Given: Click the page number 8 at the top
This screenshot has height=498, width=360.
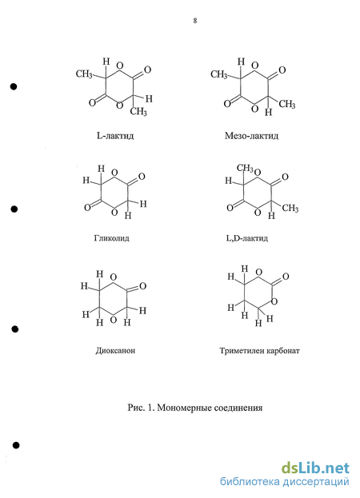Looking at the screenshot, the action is coord(194,21).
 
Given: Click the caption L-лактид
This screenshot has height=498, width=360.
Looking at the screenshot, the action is coord(115,136).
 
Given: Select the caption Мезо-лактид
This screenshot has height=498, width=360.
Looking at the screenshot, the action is coord(251,136).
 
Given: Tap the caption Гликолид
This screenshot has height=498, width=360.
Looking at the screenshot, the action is coord(111,238).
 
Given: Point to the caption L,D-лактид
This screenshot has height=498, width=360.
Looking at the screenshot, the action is coord(247,238).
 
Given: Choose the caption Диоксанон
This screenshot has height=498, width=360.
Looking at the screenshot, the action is coord(115,351).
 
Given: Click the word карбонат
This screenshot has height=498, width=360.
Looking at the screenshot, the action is coord(283,351).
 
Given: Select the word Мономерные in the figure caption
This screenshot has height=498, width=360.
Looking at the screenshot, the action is coord(184,408).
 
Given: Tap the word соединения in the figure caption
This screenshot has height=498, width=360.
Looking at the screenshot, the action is coord(238,408).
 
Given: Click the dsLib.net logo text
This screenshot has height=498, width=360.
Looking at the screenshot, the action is coord(315,468).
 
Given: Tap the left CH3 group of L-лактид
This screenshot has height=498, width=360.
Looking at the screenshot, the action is coord(84,74).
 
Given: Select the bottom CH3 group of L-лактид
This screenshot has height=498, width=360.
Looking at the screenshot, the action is coord(138,111).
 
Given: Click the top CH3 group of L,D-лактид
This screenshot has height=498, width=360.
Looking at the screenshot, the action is coord(245,168).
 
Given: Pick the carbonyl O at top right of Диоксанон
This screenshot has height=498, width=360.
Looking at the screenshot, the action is coord(142,286).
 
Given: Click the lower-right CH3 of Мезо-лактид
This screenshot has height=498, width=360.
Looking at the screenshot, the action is coord(287,104).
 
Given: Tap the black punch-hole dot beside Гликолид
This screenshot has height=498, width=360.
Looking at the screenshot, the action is coord(14,209).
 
